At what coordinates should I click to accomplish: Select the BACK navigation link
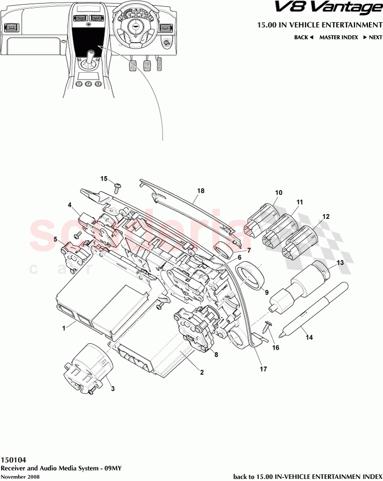point(304,37)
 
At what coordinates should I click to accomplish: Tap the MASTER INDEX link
point(338,37)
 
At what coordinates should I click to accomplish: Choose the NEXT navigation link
point(373,37)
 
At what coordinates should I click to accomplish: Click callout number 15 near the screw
point(104,179)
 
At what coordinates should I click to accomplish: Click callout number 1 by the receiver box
point(64,328)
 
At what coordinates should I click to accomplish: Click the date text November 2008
point(20,476)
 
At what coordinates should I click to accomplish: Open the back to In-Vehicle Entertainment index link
point(308,476)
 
